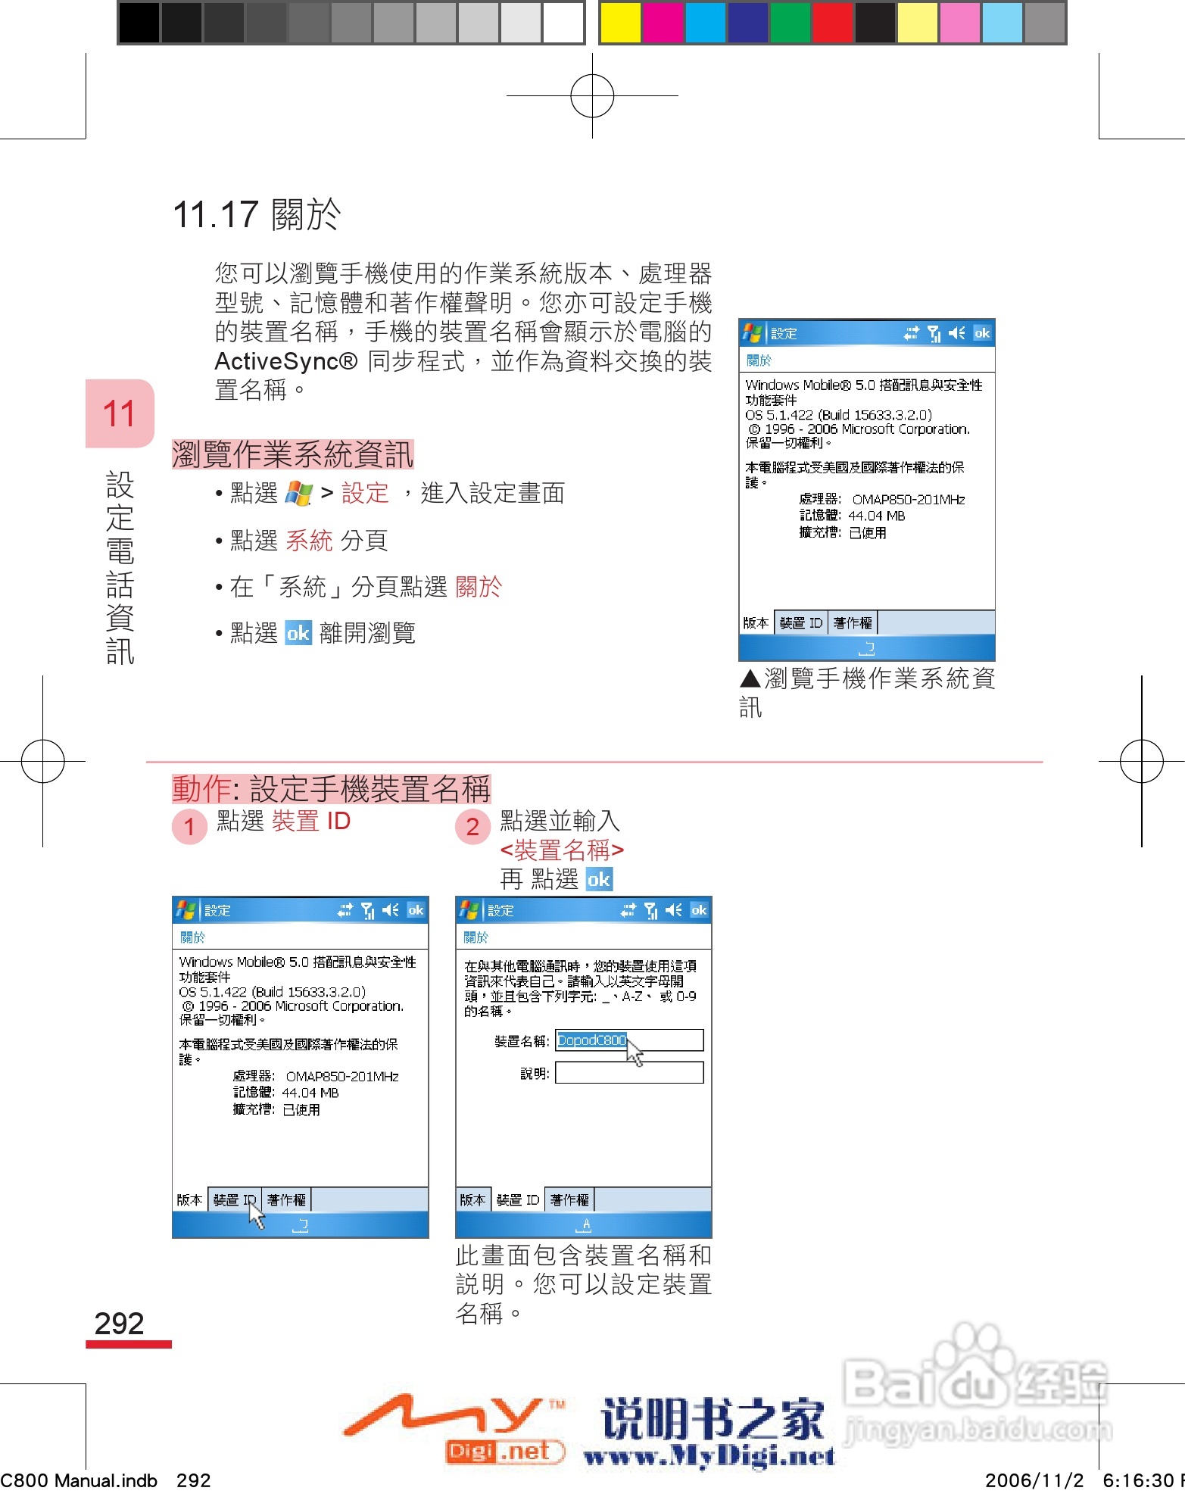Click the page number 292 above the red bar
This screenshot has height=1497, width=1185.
119,1323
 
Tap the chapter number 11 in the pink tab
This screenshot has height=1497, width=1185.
119,413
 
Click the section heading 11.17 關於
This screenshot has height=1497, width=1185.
257,214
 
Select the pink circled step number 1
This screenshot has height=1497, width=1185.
189,827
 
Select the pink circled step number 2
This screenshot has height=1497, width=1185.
472,827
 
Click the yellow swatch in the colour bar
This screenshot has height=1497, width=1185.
619,23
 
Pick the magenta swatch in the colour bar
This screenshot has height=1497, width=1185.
662,23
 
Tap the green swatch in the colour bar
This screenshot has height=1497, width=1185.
790,23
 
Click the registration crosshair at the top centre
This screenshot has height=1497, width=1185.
592,96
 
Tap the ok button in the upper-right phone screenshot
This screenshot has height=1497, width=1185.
982,333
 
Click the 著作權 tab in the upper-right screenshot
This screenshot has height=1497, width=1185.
853,623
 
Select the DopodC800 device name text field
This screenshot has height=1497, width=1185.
628,1040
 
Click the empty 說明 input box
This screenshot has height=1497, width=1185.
628,1073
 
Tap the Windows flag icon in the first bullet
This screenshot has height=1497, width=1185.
299,494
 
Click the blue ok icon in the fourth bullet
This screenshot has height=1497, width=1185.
298,633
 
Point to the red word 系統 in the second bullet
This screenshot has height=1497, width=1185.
309,541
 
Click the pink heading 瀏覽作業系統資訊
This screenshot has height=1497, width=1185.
292,454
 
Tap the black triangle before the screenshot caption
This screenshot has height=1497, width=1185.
750,678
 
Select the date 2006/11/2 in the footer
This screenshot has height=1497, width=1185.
1034,1480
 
